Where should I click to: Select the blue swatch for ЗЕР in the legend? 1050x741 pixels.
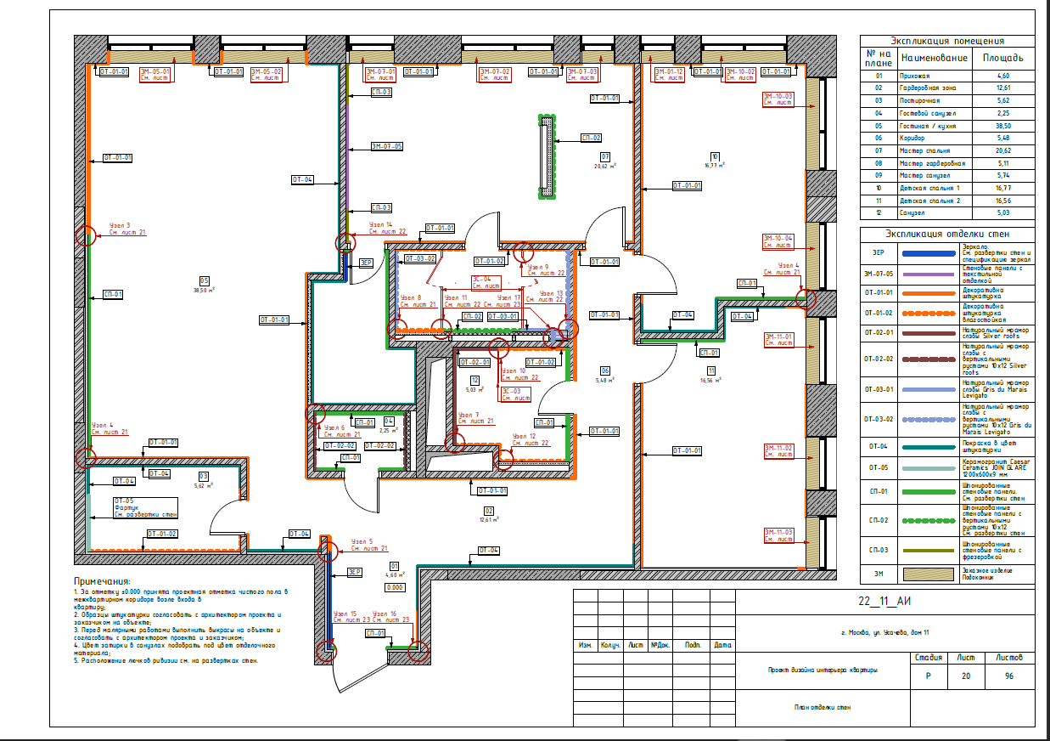click(918, 253)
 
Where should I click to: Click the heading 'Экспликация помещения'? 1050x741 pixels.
click(947, 40)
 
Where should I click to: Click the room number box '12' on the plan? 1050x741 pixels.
click(475, 380)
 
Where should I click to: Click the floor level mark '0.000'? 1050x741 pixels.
click(394, 587)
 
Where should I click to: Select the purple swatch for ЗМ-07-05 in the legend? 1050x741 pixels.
click(918, 274)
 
